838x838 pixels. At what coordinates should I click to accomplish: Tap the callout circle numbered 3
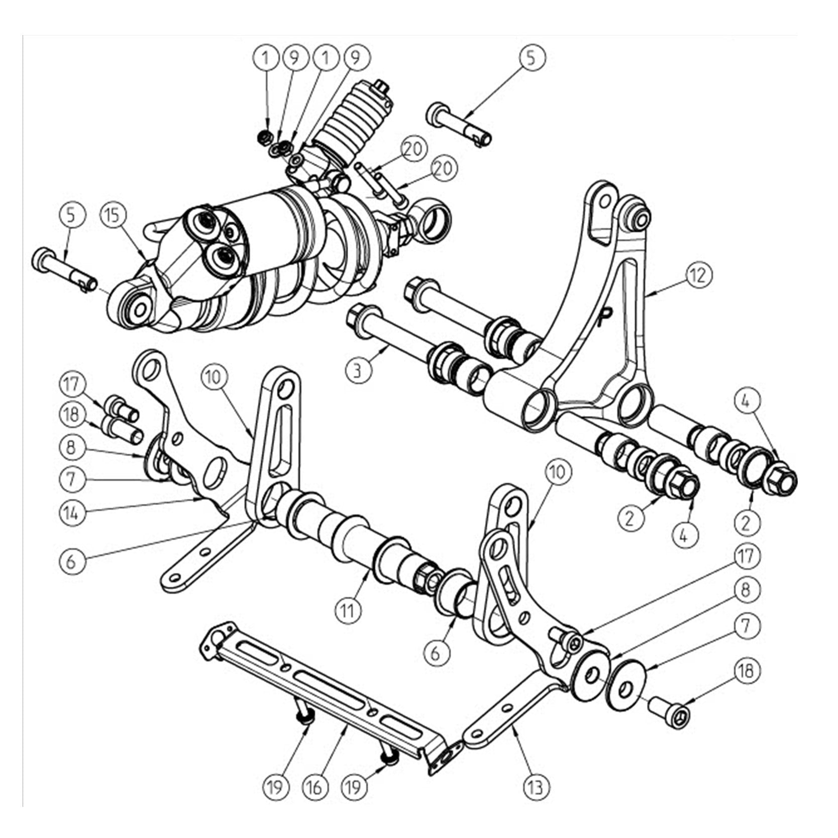357,371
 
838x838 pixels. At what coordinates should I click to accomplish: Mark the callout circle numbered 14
73,513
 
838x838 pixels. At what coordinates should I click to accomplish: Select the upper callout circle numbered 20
414,149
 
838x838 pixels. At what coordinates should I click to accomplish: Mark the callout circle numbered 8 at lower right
746,589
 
